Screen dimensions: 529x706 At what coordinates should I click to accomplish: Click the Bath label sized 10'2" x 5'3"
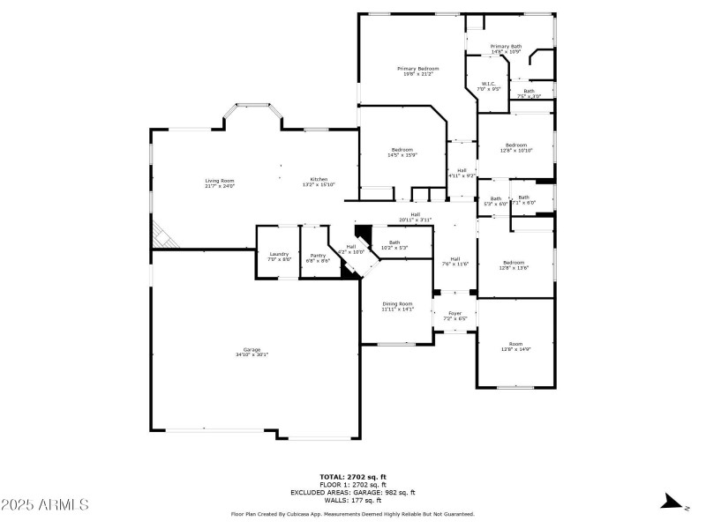pos(394,244)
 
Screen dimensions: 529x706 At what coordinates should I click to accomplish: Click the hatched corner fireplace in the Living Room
pos(161,235)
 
